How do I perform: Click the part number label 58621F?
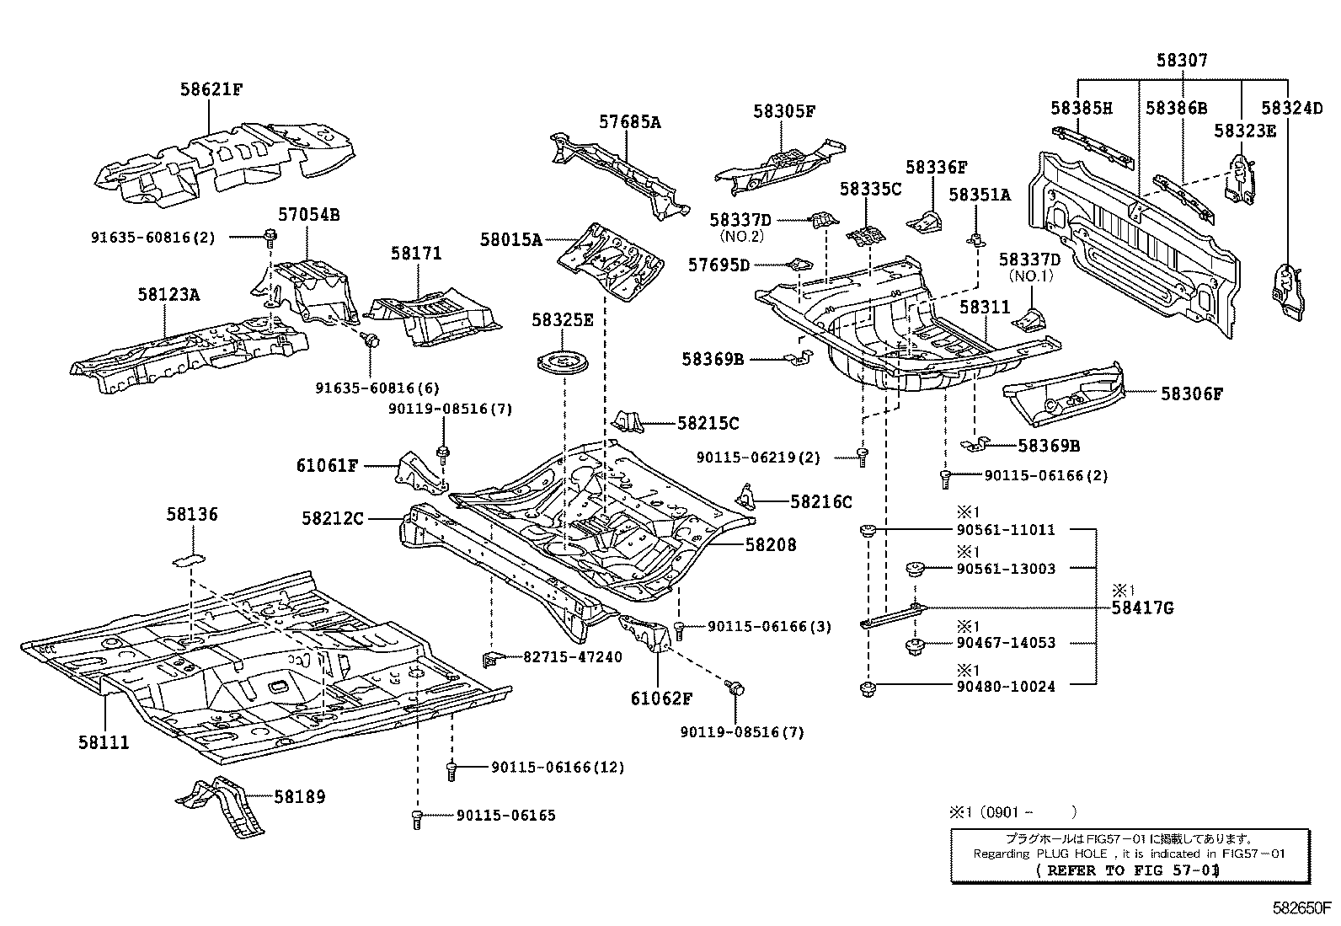coord(211,88)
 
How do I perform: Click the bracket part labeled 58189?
coord(223,805)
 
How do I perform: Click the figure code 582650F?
coord(1301,909)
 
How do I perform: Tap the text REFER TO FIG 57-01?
coord(1128,870)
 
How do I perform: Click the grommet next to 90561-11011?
coord(866,531)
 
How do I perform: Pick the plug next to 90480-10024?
coord(867,690)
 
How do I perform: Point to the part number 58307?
coord(1182,61)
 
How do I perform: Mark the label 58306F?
coord(1191,393)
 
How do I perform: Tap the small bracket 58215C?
coord(630,421)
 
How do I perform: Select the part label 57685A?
coord(629,122)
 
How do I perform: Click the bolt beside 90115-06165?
coord(417,818)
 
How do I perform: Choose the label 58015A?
coord(511,239)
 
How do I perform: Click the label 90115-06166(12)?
coord(558,768)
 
